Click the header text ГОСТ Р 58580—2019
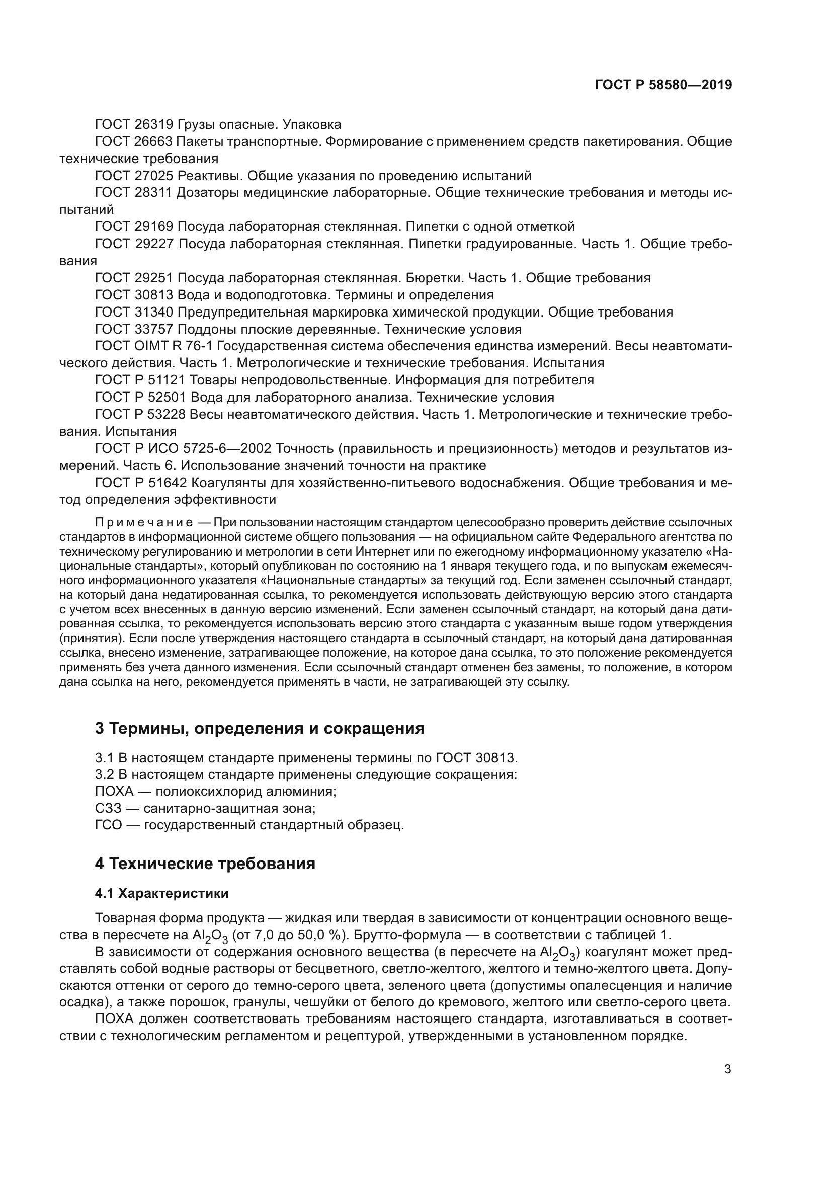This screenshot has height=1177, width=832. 663,85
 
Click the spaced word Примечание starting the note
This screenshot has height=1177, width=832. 144,522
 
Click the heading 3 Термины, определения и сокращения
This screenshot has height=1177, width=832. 259,728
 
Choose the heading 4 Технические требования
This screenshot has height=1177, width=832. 205,864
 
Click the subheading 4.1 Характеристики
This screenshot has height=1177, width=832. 162,893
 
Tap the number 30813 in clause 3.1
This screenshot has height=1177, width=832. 491,757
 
